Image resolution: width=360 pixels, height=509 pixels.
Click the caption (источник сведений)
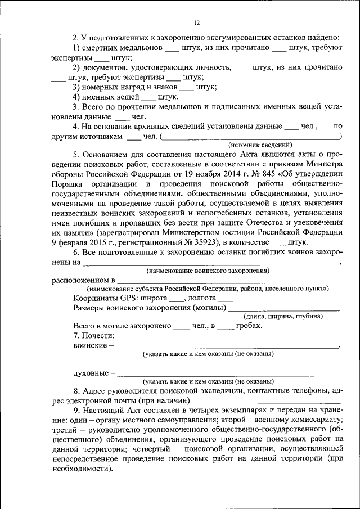[259, 145]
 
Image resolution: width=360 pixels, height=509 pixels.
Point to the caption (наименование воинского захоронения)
[208, 271]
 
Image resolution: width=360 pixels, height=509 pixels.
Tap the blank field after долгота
[224, 298]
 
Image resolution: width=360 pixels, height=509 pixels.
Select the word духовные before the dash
[91, 372]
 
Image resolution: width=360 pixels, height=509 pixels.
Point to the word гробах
[249, 326]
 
